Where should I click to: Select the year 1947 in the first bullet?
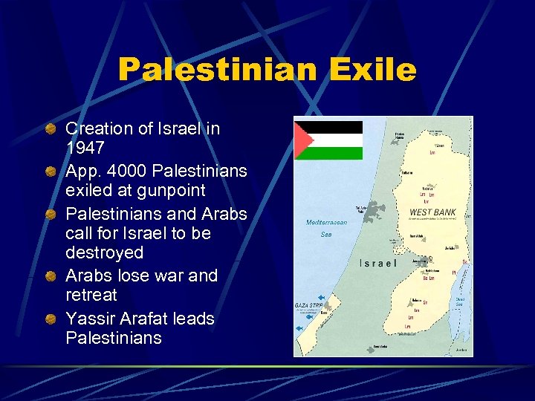pyautogui.click(x=85, y=147)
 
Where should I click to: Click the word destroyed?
pyautogui.click(x=104, y=252)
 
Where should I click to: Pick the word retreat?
pyautogui.click(x=91, y=295)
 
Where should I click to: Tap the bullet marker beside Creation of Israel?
pyautogui.click(x=50, y=129)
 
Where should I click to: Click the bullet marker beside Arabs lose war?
pyautogui.click(x=50, y=276)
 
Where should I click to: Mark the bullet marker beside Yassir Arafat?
pyautogui.click(x=50, y=319)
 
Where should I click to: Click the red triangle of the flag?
pyautogui.click(x=302, y=140)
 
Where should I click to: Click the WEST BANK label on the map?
pyautogui.click(x=432, y=212)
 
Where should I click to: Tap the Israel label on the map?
pyautogui.click(x=380, y=263)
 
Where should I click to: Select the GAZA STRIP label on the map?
pyautogui.click(x=308, y=305)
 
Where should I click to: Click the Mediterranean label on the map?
pyautogui.click(x=326, y=222)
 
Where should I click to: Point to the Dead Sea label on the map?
pyautogui.click(x=460, y=301)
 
